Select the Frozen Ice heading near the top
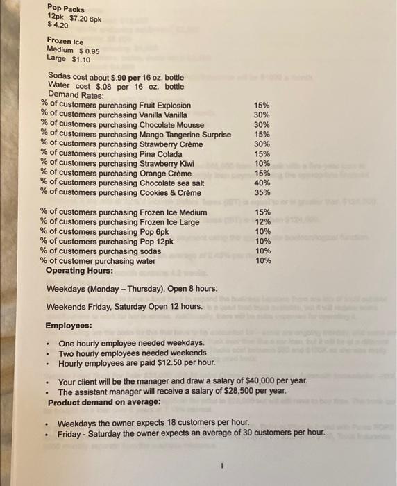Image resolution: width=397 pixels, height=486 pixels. click(x=65, y=41)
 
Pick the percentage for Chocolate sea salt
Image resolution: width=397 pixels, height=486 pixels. click(x=262, y=183)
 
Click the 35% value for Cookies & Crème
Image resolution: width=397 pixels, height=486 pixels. click(x=262, y=192)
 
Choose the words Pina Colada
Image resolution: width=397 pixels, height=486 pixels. click(x=160, y=154)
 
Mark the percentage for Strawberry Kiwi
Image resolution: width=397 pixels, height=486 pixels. click(x=262, y=163)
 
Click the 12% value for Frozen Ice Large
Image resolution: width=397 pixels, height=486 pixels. click(x=262, y=221)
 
